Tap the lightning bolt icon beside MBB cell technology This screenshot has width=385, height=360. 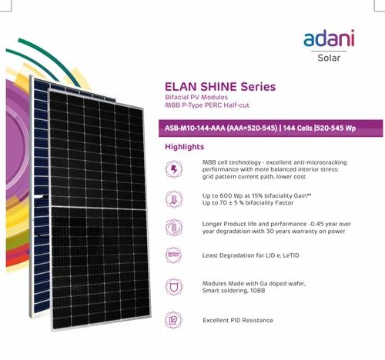point(176,168)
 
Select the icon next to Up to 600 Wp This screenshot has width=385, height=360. point(176,198)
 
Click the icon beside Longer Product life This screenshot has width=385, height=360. point(176,227)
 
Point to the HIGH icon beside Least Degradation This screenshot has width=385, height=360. point(176,255)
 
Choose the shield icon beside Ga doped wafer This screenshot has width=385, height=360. point(176,287)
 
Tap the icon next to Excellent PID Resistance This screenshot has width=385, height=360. point(176,318)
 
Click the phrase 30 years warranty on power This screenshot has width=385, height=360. point(301,231)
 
